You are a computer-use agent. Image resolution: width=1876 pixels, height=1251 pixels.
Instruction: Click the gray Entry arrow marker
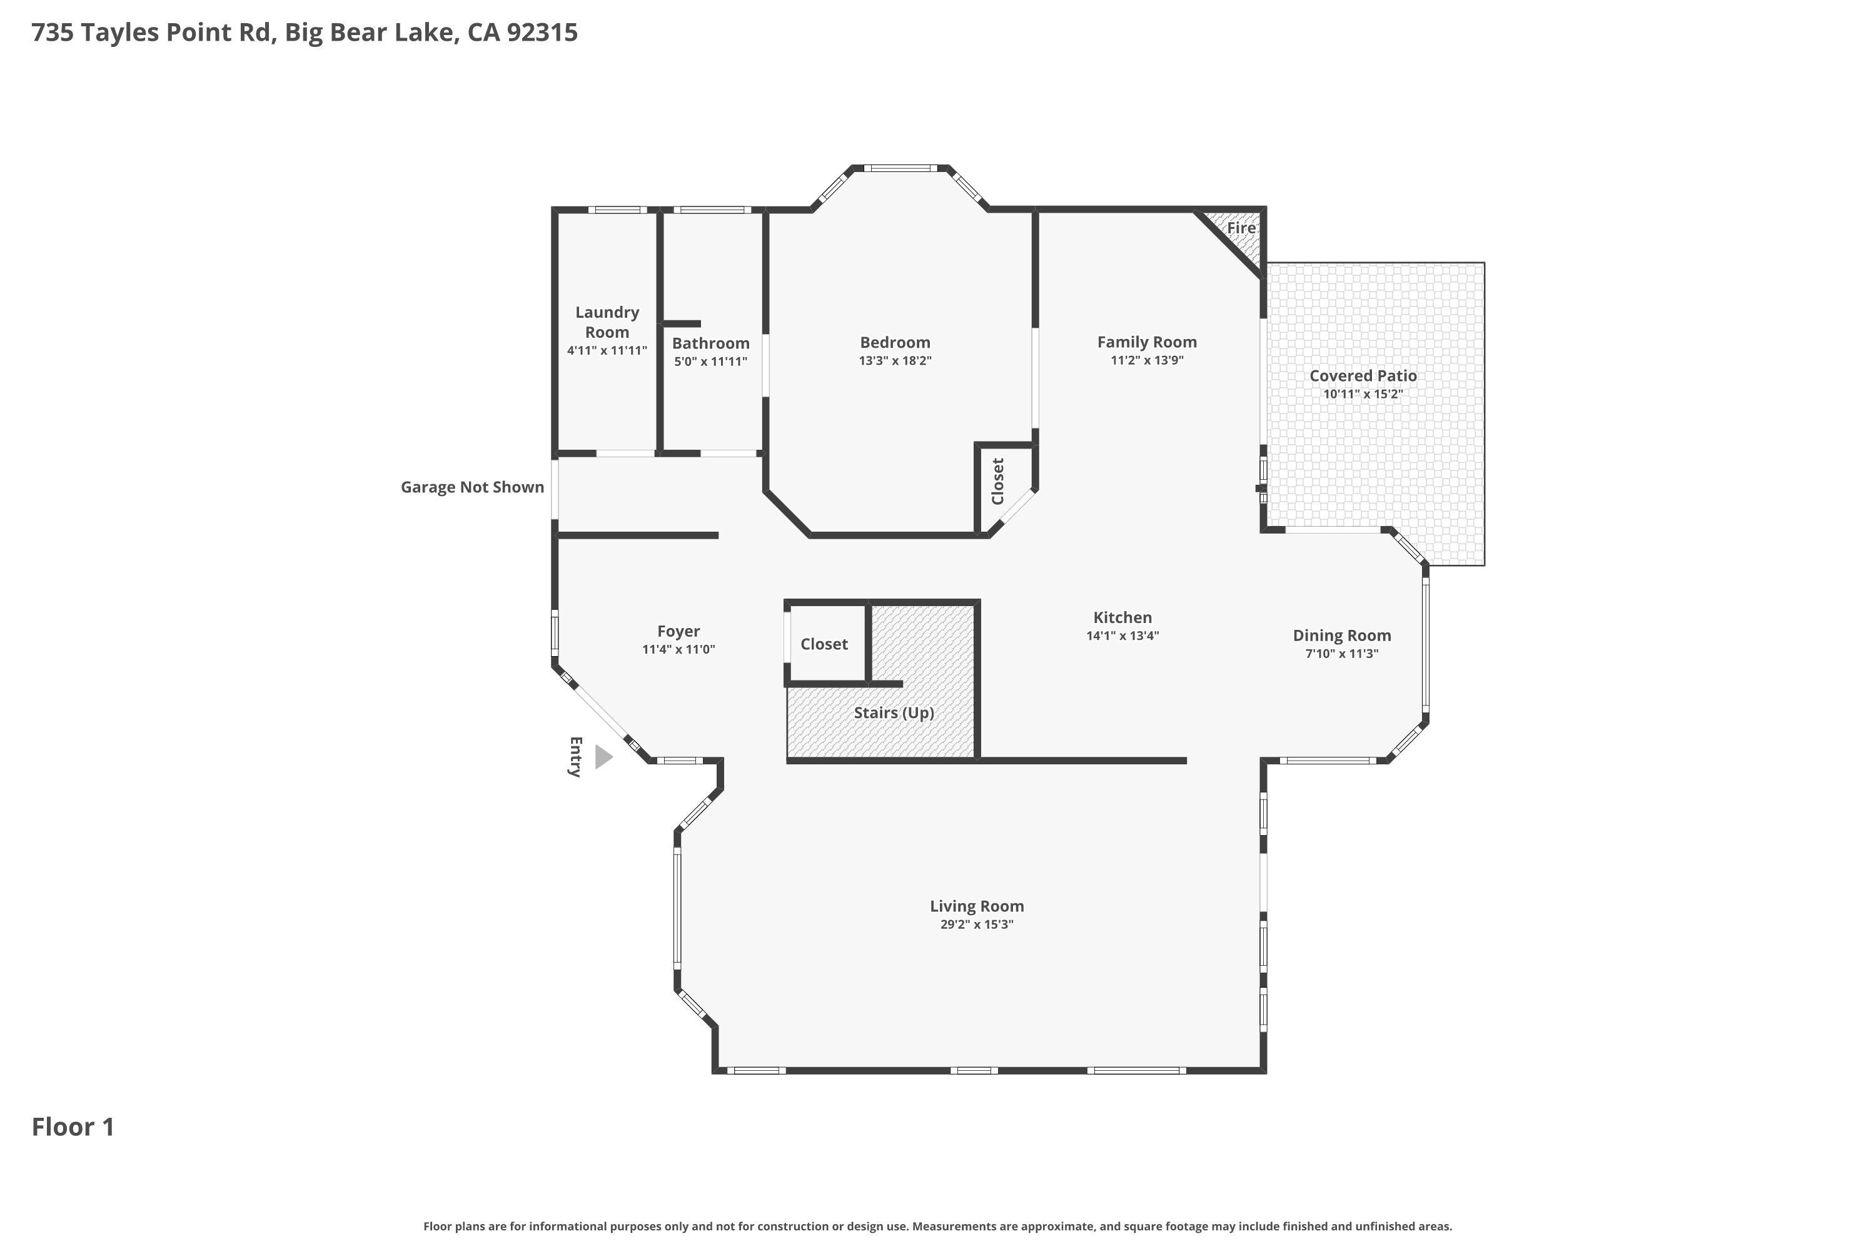[604, 756]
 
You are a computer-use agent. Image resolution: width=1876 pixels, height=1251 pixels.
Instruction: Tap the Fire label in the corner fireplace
[1241, 228]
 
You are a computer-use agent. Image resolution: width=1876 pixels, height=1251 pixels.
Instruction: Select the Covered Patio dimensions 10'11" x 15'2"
[1363, 394]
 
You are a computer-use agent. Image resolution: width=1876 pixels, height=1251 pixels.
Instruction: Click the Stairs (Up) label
[894, 713]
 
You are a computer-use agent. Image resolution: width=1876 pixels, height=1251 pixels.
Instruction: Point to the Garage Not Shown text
[472, 487]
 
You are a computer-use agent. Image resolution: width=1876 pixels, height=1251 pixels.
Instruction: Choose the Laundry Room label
[607, 322]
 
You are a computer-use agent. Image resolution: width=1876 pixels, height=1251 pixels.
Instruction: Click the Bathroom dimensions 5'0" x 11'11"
[710, 362]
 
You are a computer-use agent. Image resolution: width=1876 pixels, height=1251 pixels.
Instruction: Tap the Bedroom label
[895, 342]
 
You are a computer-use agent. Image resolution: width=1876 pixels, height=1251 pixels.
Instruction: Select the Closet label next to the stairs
[824, 644]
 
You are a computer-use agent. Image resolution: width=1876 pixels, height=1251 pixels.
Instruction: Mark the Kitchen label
[1122, 617]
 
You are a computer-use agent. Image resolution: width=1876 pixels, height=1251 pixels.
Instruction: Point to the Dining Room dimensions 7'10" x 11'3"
[1341, 654]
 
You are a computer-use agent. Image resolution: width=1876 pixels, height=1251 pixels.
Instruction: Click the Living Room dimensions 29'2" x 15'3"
[977, 924]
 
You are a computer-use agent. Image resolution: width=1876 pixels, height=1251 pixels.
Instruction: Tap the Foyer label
[678, 631]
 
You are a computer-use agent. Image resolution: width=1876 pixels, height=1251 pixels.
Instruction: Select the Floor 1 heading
[73, 1127]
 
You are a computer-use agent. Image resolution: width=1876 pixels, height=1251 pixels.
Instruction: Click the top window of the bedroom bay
[900, 168]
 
